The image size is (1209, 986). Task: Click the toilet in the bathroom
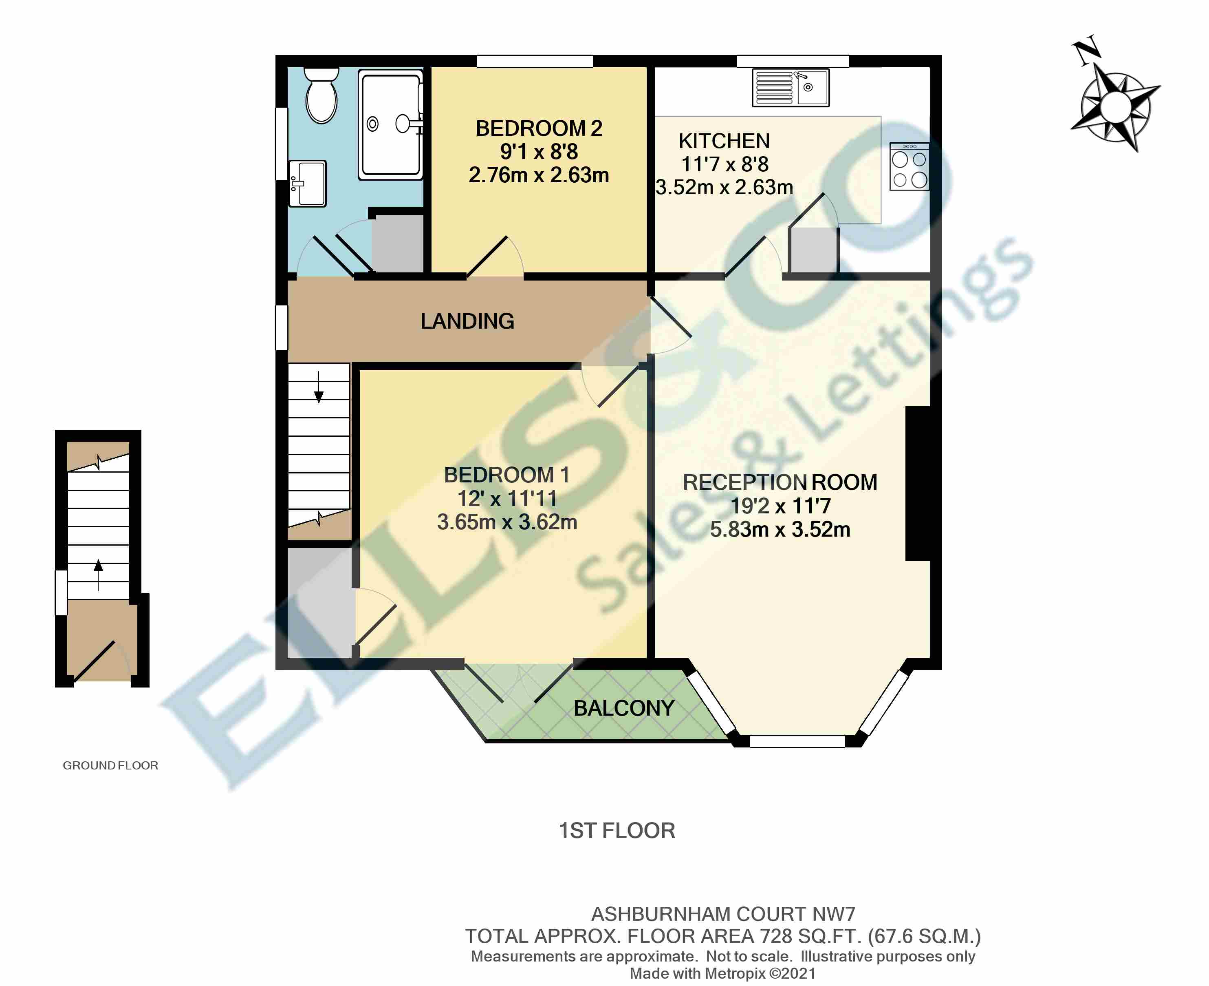321,97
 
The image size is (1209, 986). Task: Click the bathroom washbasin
307,183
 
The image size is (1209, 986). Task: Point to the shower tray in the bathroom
390,124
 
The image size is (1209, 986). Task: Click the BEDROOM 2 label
539,128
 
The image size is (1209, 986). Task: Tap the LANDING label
467,321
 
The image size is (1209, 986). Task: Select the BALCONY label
624,708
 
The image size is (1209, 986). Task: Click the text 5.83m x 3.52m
780,529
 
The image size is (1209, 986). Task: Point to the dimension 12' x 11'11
507,499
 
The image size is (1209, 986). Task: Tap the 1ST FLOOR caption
617,830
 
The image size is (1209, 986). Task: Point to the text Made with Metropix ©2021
722,973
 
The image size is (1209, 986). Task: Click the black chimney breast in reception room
917,483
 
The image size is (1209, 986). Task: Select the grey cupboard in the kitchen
813,250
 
